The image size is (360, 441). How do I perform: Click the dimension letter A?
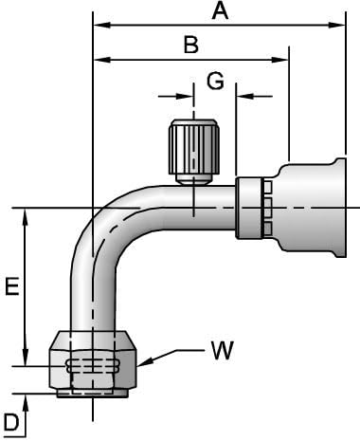tap(220, 11)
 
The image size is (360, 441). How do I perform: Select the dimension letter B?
tap(190, 45)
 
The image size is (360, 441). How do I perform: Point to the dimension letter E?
tap(11, 287)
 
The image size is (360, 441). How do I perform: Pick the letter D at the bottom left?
tap(10, 421)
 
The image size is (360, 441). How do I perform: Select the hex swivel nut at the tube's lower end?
tap(92, 363)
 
